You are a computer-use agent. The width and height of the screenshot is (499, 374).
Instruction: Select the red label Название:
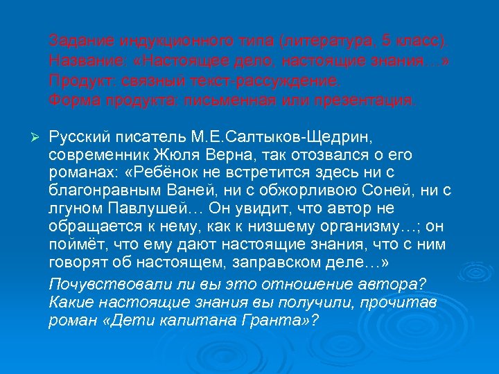[81, 59]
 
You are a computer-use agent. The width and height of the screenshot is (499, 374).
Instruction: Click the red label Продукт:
[78, 80]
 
